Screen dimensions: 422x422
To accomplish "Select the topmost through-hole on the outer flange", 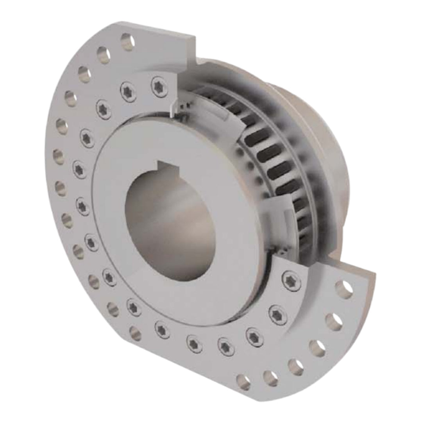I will click(127, 41).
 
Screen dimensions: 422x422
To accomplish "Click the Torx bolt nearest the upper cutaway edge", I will click(159, 86).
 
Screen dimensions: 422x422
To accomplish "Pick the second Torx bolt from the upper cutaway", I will click(128, 91).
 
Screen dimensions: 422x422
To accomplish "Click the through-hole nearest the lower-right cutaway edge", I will click(343, 289).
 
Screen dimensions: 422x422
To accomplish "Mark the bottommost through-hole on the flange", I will click(243, 382).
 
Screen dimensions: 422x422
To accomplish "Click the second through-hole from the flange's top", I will click(104, 55).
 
